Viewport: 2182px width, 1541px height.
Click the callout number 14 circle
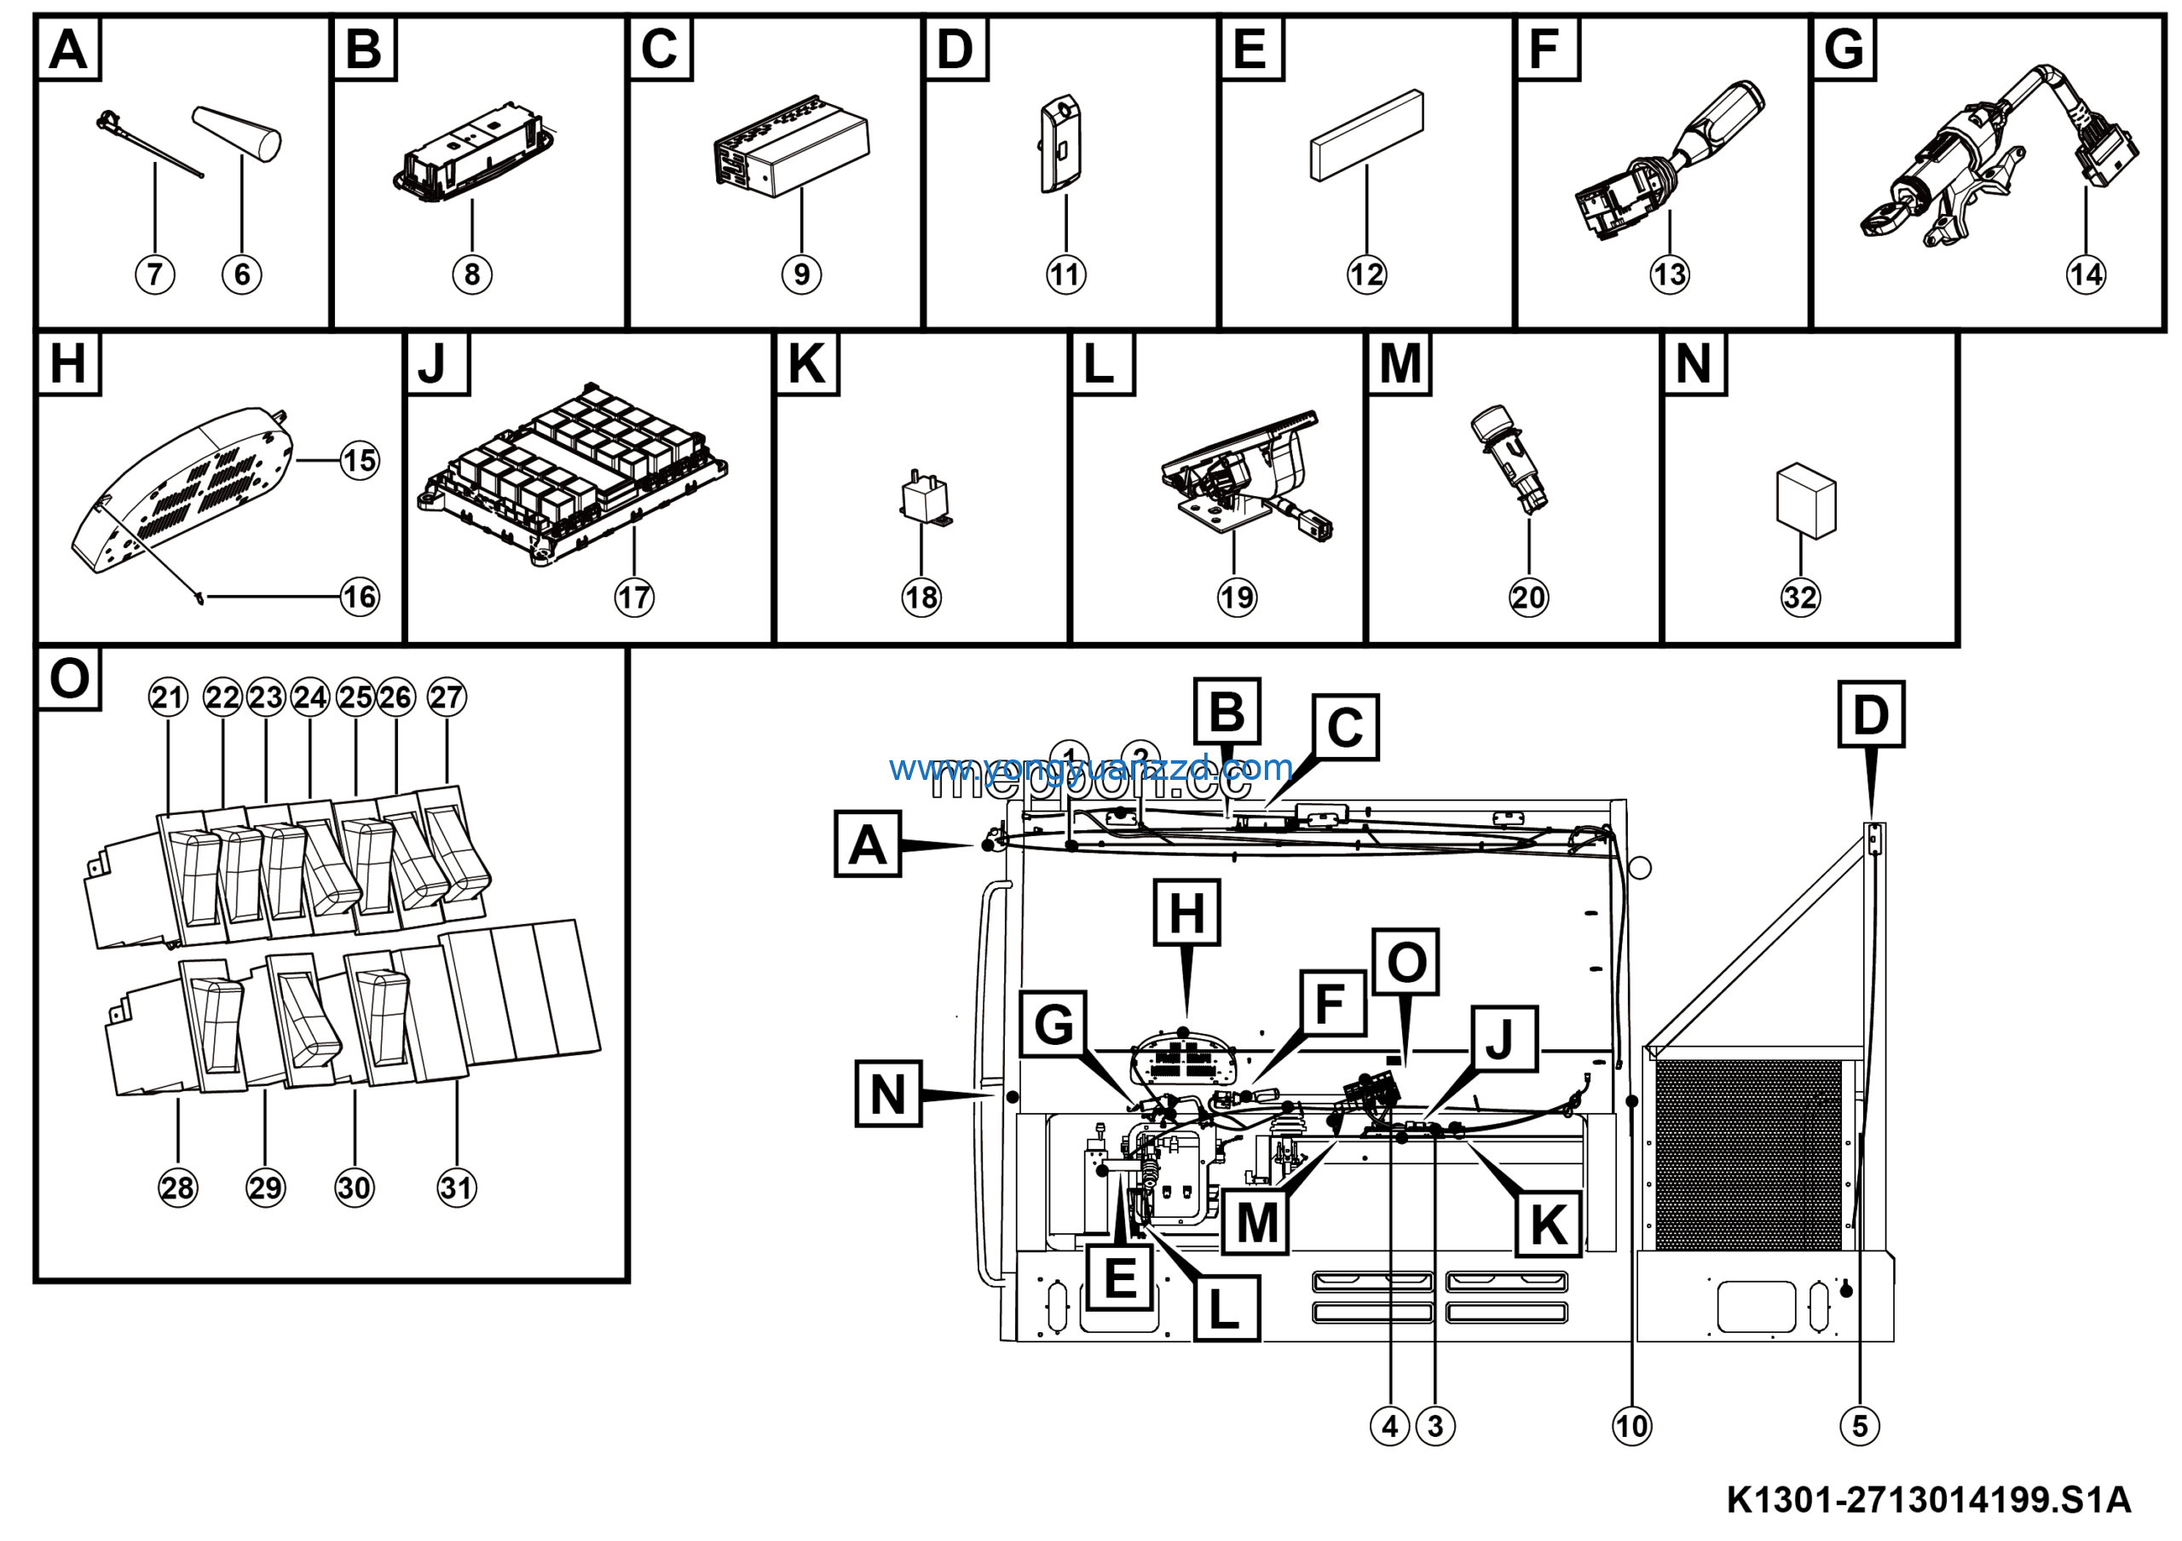(2085, 274)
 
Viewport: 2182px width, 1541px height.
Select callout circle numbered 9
(801, 274)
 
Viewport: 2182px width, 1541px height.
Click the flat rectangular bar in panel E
(1366, 135)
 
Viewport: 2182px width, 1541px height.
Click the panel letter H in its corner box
(67, 364)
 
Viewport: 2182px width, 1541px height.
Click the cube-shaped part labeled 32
(1805, 500)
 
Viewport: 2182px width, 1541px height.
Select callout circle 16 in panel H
(359, 597)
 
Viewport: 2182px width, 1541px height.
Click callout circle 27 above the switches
(446, 697)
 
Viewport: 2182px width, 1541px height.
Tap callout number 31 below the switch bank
(456, 1187)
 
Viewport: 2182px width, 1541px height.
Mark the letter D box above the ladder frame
(1870, 714)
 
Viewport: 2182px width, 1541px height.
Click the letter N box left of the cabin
(887, 1094)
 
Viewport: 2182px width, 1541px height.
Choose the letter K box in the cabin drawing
(1548, 1225)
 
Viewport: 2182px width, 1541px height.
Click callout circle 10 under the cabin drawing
(1631, 1426)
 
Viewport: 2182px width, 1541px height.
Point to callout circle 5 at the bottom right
(1860, 1426)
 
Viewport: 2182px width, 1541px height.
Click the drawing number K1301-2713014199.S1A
(1928, 1501)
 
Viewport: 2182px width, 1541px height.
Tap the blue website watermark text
(1090, 767)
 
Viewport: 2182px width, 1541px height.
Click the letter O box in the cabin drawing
(1406, 962)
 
